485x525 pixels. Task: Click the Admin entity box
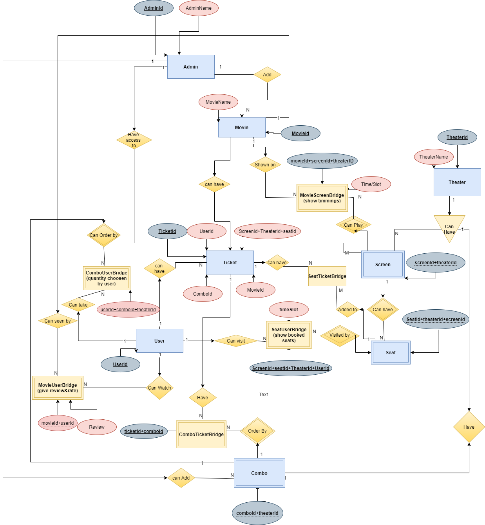191,67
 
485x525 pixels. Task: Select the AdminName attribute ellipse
199,8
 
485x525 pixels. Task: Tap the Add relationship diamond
267,75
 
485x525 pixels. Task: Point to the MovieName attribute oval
218,102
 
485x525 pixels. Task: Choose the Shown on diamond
265,165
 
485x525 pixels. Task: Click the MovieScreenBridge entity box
322,198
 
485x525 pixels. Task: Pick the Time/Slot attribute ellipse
371,184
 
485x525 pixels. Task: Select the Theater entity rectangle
457,182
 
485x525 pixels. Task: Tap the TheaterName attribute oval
434,157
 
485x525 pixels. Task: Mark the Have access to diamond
134,140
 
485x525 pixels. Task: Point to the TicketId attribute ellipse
167,231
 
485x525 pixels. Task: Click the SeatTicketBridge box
327,276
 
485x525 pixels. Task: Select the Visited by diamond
340,336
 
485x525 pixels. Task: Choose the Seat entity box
391,353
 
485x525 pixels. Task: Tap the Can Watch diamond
159,388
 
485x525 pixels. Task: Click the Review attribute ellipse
97,427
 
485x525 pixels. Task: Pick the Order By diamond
257,431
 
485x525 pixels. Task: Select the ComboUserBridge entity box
107,278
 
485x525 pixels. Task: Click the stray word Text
264,395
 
